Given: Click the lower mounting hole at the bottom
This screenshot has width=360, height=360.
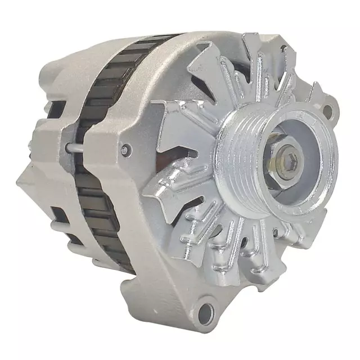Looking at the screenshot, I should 208,311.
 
